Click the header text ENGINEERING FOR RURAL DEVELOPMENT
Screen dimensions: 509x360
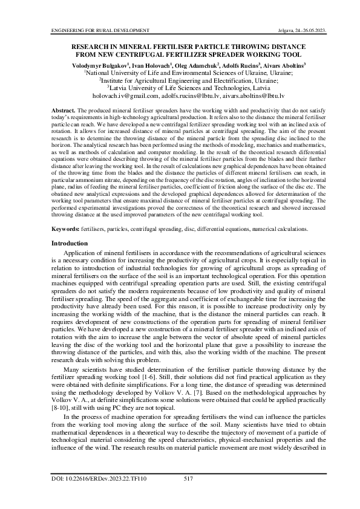(x=100, y=30)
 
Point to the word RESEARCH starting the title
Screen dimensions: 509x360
(x=93, y=45)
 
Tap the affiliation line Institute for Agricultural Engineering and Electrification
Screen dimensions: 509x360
(x=180, y=79)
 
